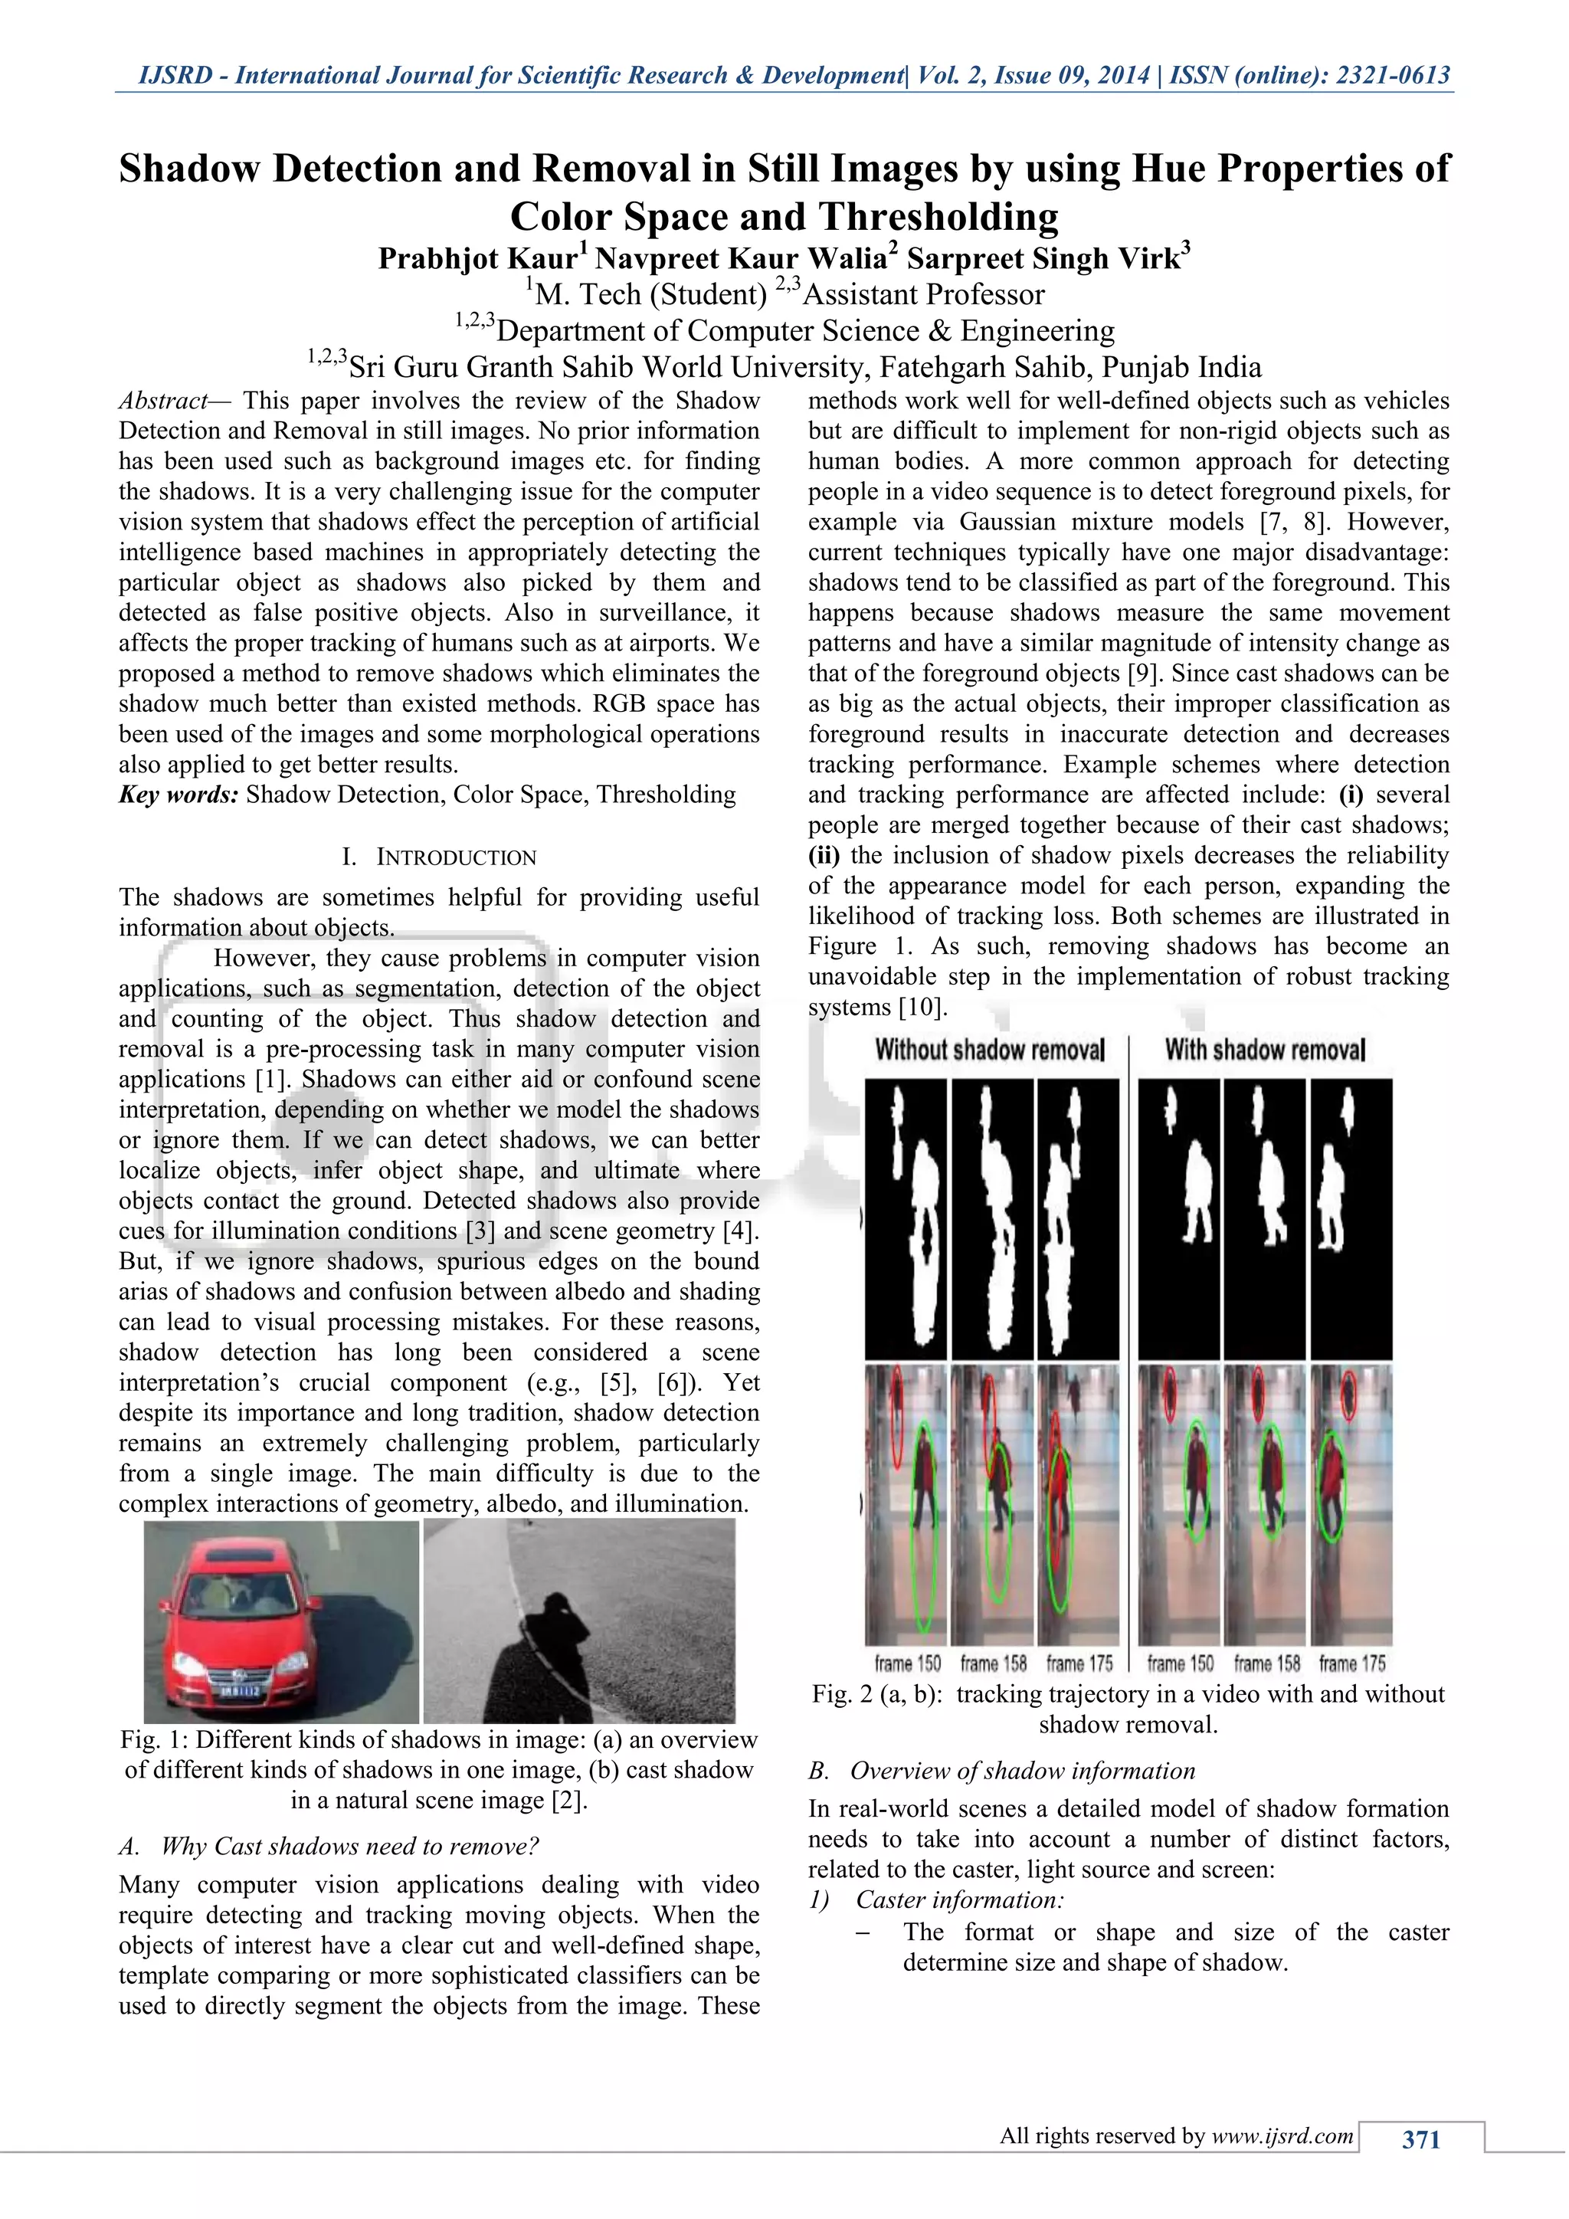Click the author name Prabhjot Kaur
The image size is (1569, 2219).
coord(477,259)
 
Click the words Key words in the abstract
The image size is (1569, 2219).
coord(178,795)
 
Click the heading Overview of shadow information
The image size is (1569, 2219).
coord(1022,1772)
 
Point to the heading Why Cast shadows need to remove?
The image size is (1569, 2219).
coord(349,1847)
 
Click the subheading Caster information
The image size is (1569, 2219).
coord(958,1900)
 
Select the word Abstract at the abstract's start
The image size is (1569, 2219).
coord(162,401)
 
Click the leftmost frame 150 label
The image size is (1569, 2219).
coord(907,1663)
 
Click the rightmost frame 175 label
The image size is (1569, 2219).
coord(1351,1663)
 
